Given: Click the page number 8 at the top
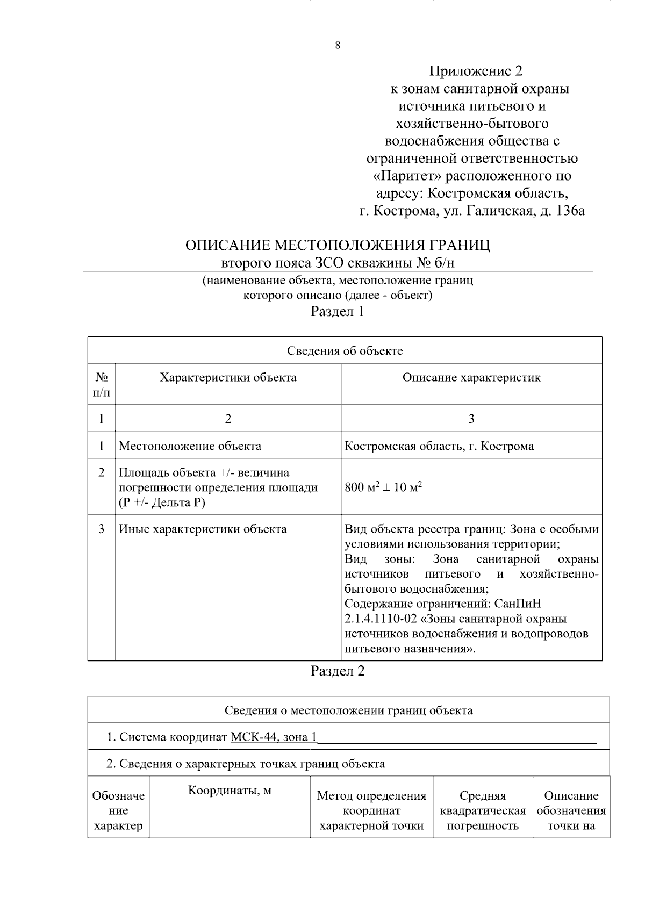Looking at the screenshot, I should click(x=338, y=46).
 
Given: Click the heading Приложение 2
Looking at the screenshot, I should click(x=475, y=71).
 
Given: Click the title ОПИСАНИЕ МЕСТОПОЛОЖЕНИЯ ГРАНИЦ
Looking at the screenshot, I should click(x=338, y=246).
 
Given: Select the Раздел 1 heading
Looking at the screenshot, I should click(x=338, y=311).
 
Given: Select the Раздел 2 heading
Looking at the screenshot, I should click(x=338, y=671).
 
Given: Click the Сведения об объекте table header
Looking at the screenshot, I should click(x=345, y=351).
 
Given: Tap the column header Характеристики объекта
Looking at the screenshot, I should click(x=228, y=377).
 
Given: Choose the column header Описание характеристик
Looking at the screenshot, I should click(x=471, y=377).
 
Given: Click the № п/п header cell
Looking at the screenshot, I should click(x=101, y=384).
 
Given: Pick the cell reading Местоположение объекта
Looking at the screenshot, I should click(x=190, y=446).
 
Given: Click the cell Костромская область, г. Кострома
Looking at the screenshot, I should click(x=439, y=446).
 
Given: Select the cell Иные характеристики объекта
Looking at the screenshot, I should click(x=203, y=529).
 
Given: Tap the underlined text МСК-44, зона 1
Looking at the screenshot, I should click(x=274, y=737).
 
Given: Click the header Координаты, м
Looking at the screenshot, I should click(x=230, y=791).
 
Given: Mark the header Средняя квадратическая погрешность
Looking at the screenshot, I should click(x=483, y=810).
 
